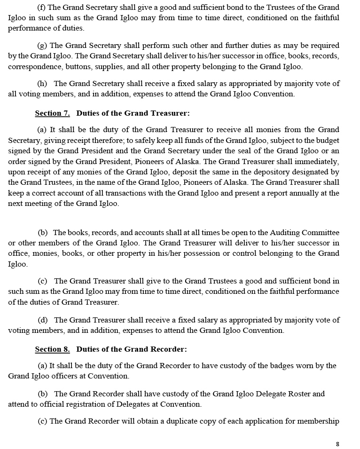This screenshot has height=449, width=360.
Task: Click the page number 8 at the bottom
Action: (x=337, y=444)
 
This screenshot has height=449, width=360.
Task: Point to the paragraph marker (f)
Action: (x=42, y=7)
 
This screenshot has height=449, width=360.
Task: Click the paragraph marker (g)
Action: (x=42, y=46)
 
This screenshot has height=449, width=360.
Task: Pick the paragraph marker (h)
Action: (x=42, y=84)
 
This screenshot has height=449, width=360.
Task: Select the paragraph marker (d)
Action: (x=43, y=320)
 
